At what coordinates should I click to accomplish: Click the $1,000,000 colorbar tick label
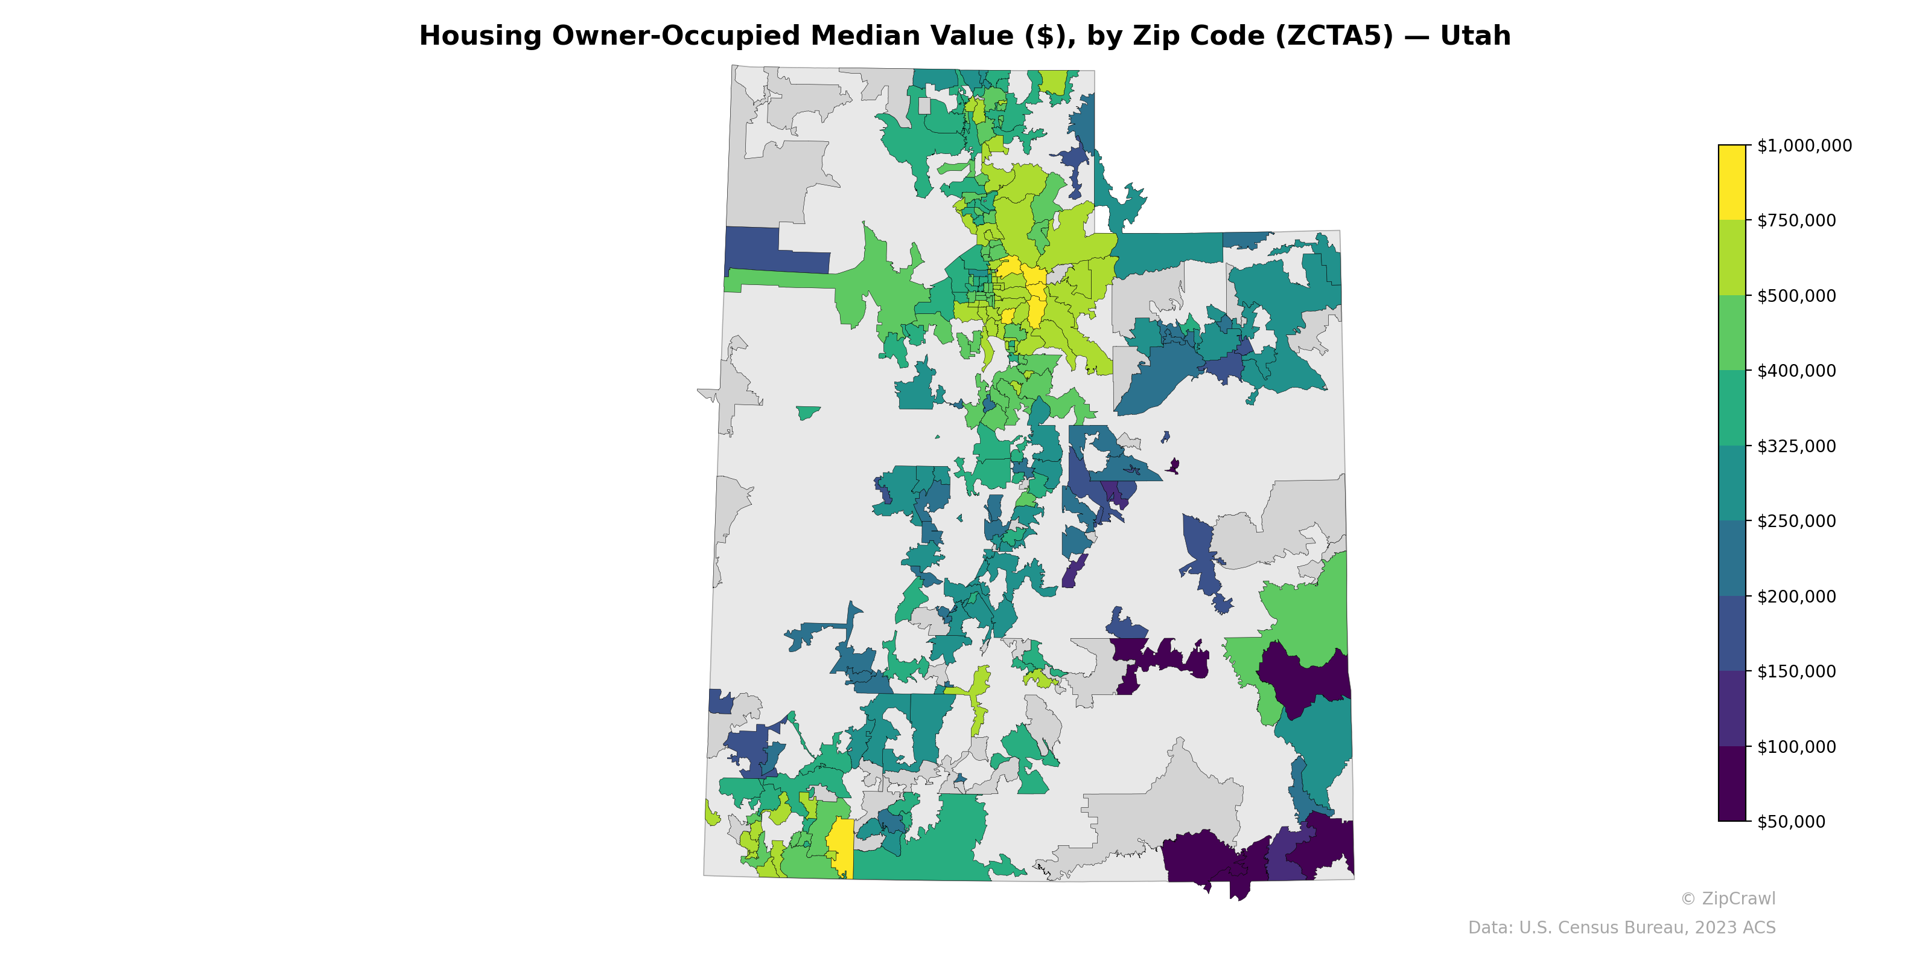[1804, 146]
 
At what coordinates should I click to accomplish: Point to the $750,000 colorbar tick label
[1796, 220]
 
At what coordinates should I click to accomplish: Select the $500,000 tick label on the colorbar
[1796, 295]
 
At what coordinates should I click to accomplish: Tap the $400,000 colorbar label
[1796, 371]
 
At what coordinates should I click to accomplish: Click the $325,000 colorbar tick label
[1796, 446]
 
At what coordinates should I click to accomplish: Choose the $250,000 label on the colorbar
[1796, 521]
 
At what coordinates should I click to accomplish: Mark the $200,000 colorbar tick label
[1796, 597]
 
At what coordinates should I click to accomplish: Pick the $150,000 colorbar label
[1796, 671]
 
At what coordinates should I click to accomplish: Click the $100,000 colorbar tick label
[1796, 747]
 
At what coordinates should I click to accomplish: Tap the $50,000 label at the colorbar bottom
[1791, 822]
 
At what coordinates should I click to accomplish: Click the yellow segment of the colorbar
[1732, 182]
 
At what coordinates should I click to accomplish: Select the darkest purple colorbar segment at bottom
[1732, 784]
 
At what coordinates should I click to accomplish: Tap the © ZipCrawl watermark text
[1727, 898]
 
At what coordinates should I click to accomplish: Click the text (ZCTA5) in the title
[1334, 36]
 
